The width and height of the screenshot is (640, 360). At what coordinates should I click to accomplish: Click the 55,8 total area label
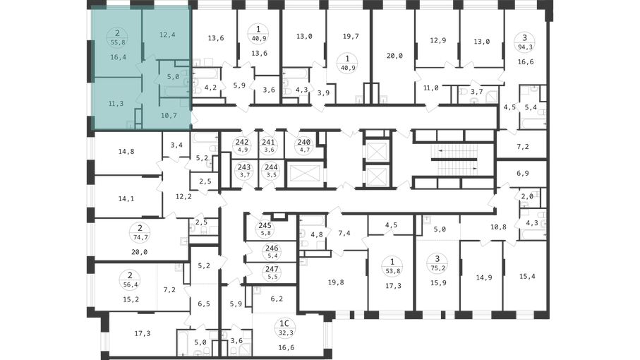pyautogui.click(x=118, y=42)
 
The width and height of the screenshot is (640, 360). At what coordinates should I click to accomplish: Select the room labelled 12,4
pyautogui.click(x=167, y=35)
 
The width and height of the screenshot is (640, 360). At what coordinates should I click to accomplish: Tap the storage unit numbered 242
pyautogui.click(x=243, y=145)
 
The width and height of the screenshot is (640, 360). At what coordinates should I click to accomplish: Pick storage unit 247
pyautogui.click(x=272, y=272)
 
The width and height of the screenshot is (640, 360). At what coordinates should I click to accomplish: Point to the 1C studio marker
pyautogui.click(x=284, y=328)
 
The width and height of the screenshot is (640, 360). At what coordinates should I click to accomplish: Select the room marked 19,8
pyautogui.click(x=336, y=282)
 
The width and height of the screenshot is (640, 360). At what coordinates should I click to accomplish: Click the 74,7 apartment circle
pyautogui.click(x=140, y=233)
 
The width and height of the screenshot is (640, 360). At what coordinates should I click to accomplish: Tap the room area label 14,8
pyautogui.click(x=126, y=152)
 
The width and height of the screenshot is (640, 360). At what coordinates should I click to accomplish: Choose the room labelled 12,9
pyautogui.click(x=438, y=40)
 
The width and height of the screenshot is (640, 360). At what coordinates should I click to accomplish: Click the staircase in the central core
pyautogui.click(x=454, y=160)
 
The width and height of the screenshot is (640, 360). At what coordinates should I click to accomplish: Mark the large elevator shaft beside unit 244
pyautogui.click(x=304, y=174)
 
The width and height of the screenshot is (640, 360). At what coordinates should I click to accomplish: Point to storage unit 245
pyautogui.click(x=265, y=229)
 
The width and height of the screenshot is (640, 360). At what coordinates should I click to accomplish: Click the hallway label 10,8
pyautogui.click(x=498, y=227)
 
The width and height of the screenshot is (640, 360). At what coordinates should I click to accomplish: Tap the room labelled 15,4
pyautogui.click(x=527, y=276)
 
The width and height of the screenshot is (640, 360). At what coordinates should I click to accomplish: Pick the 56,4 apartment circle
pyautogui.click(x=131, y=280)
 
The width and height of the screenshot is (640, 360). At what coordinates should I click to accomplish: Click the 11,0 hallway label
pyautogui.click(x=430, y=88)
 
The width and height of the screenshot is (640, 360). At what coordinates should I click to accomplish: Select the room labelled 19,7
pyautogui.click(x=351, y=36)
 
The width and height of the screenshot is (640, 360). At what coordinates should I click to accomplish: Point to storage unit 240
pyautogui.click(x=303, y=145)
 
